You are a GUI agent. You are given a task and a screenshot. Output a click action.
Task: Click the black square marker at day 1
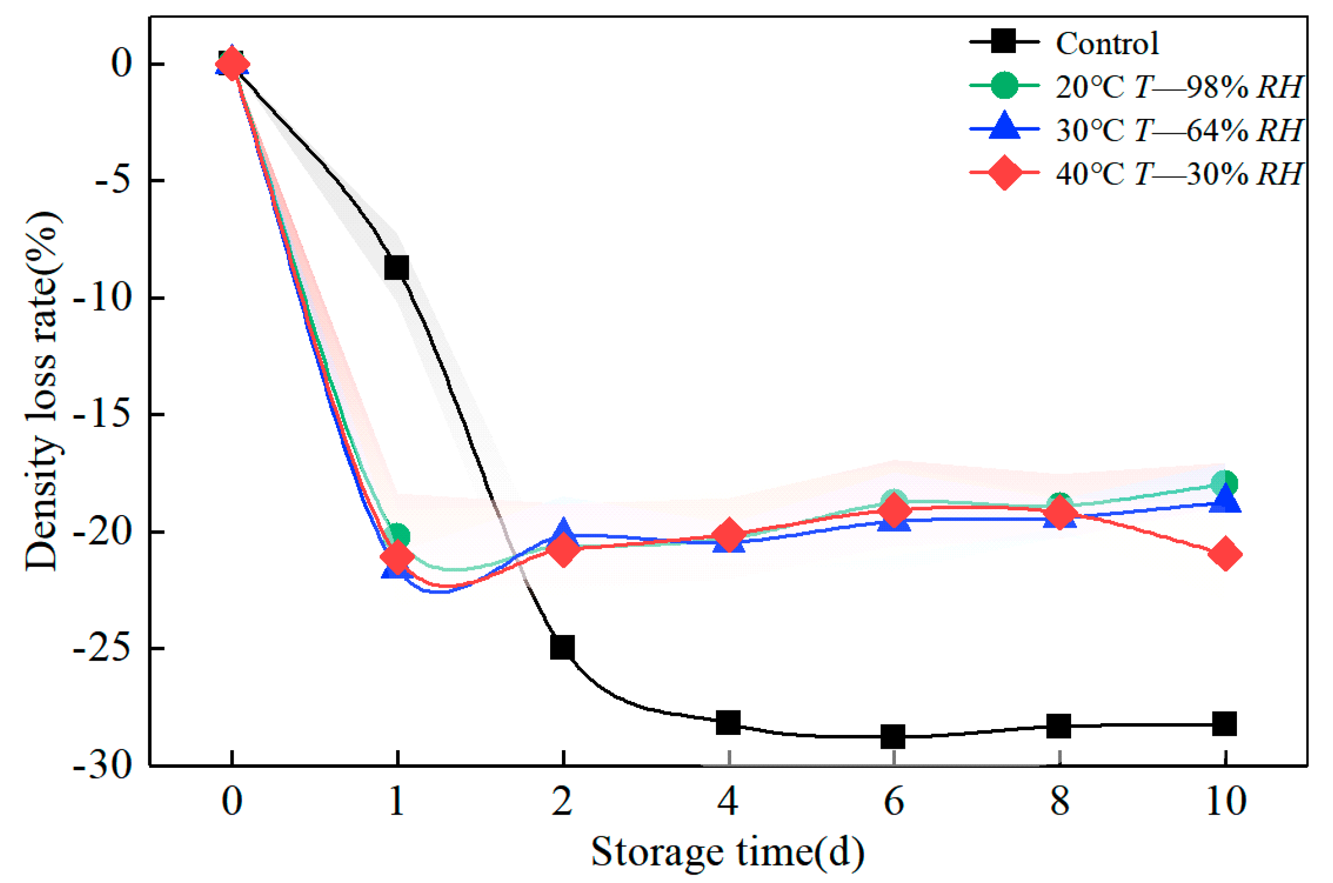coord(397,268)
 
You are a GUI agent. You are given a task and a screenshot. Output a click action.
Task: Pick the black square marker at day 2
coord(562,647)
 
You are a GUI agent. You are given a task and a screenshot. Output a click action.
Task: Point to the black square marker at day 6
coord(893,736)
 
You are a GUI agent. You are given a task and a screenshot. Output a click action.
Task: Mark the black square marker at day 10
coord(1224,723)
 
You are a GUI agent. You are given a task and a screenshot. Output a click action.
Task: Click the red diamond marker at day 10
coord(1225,554)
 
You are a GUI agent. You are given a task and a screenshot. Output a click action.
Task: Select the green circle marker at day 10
coord(1225,483)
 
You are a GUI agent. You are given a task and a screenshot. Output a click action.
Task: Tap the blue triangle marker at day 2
coord(562,531)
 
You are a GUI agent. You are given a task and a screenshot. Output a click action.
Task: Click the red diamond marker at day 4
coord(728,536)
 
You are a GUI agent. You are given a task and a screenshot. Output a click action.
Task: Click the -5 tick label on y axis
coord(113,181)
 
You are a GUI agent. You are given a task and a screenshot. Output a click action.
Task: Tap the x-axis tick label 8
coord(1059,801)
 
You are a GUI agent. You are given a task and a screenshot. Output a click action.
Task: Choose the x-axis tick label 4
coord(728,801)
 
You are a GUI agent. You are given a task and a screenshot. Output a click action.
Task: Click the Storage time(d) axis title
coord(727,852)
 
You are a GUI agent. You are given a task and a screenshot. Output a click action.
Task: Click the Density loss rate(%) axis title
coord(42,391)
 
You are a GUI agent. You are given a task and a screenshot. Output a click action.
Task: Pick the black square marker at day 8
coord(1059,726)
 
